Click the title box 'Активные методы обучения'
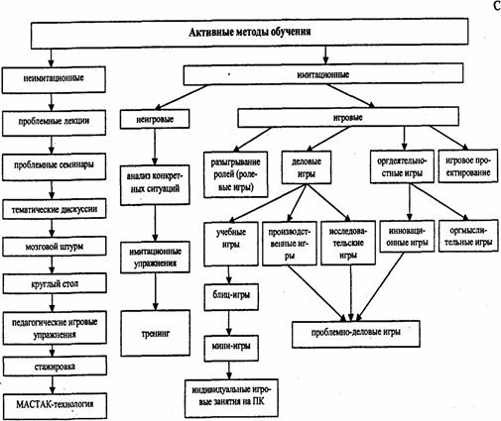point(250,33)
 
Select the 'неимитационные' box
point(54,79)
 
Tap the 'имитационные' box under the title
point(323,74)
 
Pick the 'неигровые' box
point(155,119)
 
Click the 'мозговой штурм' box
point(55,247)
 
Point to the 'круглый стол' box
point(55,283)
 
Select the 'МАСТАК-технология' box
point(55,405)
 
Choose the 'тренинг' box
point(156,333)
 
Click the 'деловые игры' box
point(307,167)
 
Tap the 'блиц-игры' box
point(231,296)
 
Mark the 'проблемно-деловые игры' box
point(356,334)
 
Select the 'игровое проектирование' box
point(468,166)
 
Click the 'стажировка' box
point(55,366)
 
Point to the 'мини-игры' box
point(231,348)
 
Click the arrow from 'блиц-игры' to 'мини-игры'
point(229,323)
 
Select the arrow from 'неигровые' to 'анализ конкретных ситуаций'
point(155,147)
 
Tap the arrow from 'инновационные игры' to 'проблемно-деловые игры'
point(380,286)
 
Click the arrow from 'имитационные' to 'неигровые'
point(182,97)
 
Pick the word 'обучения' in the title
point(291,33)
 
